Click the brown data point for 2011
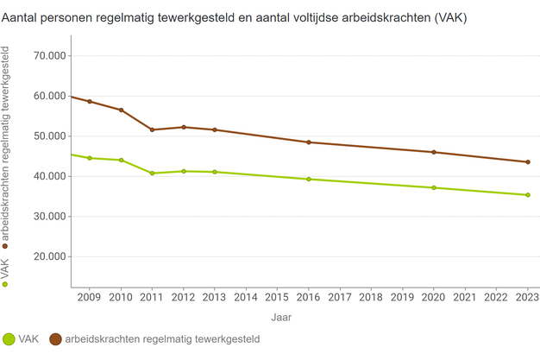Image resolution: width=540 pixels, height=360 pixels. (153, 129)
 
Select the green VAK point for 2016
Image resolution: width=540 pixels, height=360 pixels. (309, 179)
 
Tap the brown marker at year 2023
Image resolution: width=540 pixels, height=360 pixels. (528, 162)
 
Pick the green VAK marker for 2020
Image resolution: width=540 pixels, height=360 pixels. (434, 187)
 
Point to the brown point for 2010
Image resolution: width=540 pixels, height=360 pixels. (121, 110)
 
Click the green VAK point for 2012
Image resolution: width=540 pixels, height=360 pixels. (184, 171)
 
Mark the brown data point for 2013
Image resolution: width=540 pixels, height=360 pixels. (215, 129)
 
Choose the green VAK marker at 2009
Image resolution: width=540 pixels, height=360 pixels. (90, 158)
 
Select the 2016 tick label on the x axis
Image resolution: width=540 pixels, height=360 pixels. (309, 298)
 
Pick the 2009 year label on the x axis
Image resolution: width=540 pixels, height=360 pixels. (90, 298)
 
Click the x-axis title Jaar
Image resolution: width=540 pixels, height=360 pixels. (281, 318)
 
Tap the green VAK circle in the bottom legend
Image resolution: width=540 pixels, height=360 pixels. (9, 340)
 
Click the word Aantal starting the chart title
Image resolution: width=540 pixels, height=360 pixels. (23, 18)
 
